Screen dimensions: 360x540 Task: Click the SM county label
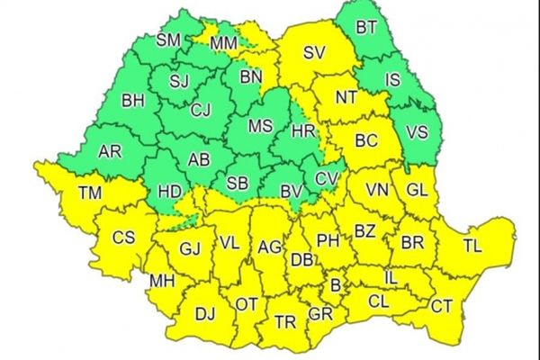(x=168, y=40)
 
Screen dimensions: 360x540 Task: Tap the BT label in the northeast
(x=366, y=28)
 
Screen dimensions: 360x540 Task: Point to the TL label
(x=471, y=244)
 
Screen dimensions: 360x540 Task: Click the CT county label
(x=441, y=307)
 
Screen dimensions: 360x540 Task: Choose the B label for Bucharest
(x=337, y=286)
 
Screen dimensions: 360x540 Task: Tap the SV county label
(x=313, y=53)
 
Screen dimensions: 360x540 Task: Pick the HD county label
(x=168, y=192)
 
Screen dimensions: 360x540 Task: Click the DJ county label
(x=205, y=313)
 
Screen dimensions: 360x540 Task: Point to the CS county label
(x=123, y=238)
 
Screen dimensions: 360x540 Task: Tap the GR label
(x=319, y=314)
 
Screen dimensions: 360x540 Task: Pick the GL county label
(x=416, y=190)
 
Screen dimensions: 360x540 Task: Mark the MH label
(x=162, y=282)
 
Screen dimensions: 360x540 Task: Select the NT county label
(x=346, y=96)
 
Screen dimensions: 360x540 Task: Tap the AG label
(x=269, y=246)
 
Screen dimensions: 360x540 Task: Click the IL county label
(x=391, y=279)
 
